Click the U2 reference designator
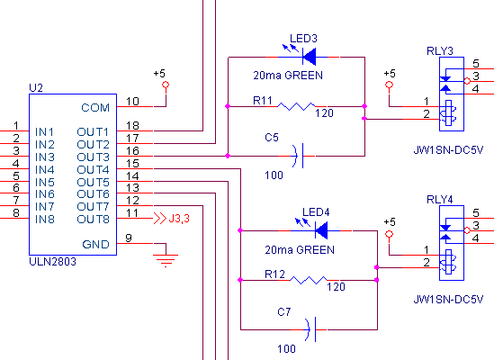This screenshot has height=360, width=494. pyautogui.click(x=36, y=88)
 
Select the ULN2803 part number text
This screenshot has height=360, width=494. pyautogui.click(x=52, y=262)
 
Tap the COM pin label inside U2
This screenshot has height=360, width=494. pyautogui.click(x=95, y=108)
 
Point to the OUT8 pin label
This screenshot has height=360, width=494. pyautogui.click(x=93, y=219)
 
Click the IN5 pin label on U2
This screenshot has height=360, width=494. pyautogui.click(x=45, y=183)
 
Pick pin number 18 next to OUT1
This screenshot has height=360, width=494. pyautogui.click(x=132, y=126)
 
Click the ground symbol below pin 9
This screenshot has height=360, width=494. pyautogui.click(x=166, y=260)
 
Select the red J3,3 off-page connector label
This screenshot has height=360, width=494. pyautogui.click(x=179, y=219)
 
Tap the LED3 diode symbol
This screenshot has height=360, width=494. pyautogui.click(x=309, y=57)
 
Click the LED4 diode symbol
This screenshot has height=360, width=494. pyautogui.click(x=321, y=230)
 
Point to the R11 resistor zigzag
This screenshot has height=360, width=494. pyautogui.click(x=296, y=106)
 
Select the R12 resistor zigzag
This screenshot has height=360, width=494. pyautogui.click(x=309, y=280)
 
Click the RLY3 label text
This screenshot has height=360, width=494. pyautogui.click(x=440, y=51)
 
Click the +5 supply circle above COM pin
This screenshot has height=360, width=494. pyautogui.click(x=166, y=85)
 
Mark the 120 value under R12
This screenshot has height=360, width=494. pyautogui.click(x=336, y=287)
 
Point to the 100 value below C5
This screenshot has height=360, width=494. pyautogui.click(x=274, y=175)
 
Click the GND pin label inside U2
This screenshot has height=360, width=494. pyautogui.click(x=95, y=245)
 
